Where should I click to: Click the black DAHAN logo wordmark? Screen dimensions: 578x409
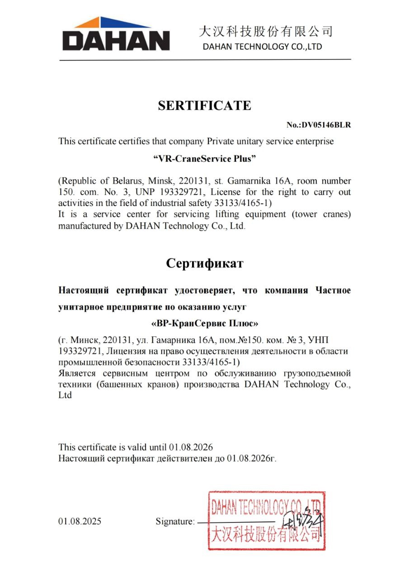[116, 40]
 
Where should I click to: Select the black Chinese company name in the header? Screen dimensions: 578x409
[266, 32]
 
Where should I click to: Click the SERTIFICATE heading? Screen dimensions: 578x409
[204, 106]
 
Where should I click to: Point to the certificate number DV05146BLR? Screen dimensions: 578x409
[319, 125]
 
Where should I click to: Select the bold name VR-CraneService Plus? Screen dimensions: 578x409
[205, 158]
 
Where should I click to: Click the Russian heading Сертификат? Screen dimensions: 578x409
[204, 263]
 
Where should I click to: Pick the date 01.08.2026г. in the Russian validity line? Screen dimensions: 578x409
[251, 459]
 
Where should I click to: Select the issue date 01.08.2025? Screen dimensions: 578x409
[80, 522]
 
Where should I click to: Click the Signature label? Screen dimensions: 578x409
[175, 522]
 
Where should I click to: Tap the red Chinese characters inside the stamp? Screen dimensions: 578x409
[267, 535]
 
